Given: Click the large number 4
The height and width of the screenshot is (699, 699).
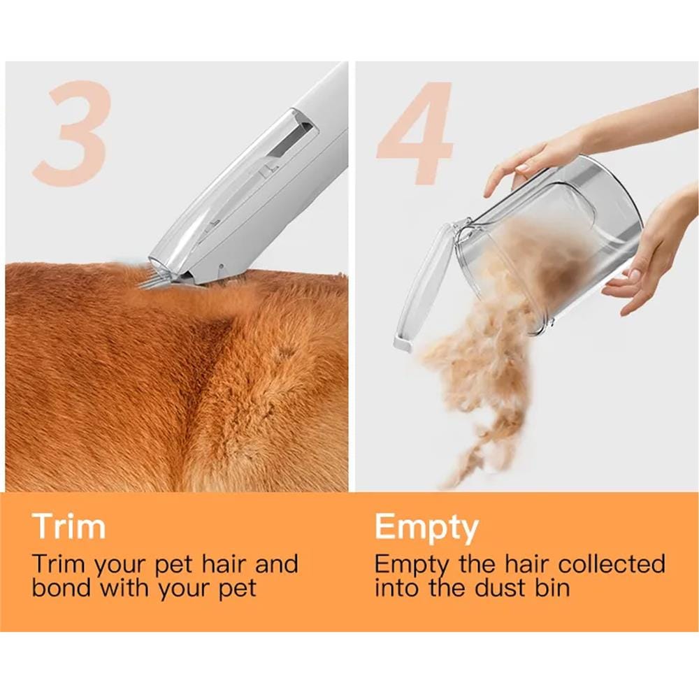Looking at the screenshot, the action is (x=415, y=134).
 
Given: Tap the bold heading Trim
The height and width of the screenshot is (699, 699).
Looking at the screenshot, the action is (x=69, y=526).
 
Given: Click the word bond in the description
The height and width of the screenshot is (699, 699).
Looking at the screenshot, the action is (x=62, y=588).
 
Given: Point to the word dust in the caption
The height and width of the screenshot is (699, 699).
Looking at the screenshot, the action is (x=498, y=588).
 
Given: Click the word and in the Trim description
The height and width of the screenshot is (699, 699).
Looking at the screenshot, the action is (x=276, y=564).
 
